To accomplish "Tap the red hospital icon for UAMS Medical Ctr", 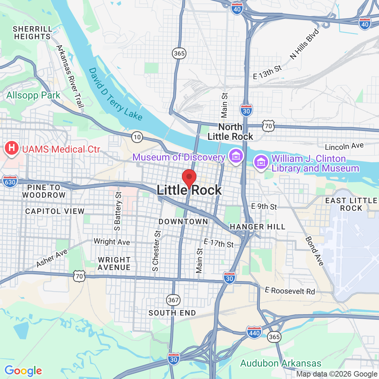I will click(x=12, y=148).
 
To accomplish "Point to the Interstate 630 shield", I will click(x=10, y=182).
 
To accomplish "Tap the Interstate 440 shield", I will click(x=254, y=332).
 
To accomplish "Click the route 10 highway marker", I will click(x=137, y=137).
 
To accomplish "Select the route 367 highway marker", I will click(x=173, y=300).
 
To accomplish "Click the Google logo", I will click(x=23, y=371).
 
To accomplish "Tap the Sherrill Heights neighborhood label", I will click(x=32, y=33).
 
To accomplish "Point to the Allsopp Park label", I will click(x=33, y=95).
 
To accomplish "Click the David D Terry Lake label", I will click(x=115, y=94).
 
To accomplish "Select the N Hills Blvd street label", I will click(x=305, y=44).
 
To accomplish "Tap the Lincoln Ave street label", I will click(x=344, y=146).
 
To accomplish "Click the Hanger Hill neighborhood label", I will click(x=257, y=227).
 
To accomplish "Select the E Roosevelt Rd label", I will click(x=290, y=291).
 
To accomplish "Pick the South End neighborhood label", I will click(x=172, y=313).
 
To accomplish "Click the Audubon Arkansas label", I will click(x=280, y=363).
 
